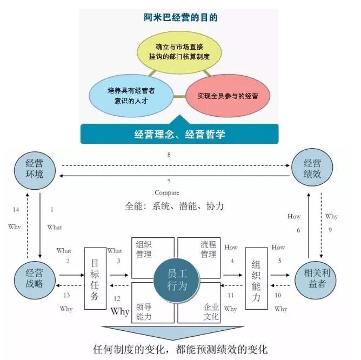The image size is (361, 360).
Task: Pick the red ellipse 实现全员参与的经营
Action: (228, 97)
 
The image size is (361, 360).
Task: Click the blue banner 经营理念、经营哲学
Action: (179, 134)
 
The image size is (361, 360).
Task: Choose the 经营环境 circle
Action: (36, 170)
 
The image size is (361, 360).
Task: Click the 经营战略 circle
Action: (36, 278)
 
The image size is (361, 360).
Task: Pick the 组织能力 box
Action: (257, 278)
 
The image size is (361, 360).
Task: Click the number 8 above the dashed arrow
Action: (169, 155)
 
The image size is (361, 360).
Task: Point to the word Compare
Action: (166, 192)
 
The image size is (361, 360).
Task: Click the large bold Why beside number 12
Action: (120, 312)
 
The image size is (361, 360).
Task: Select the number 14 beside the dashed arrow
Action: (15, 209)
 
